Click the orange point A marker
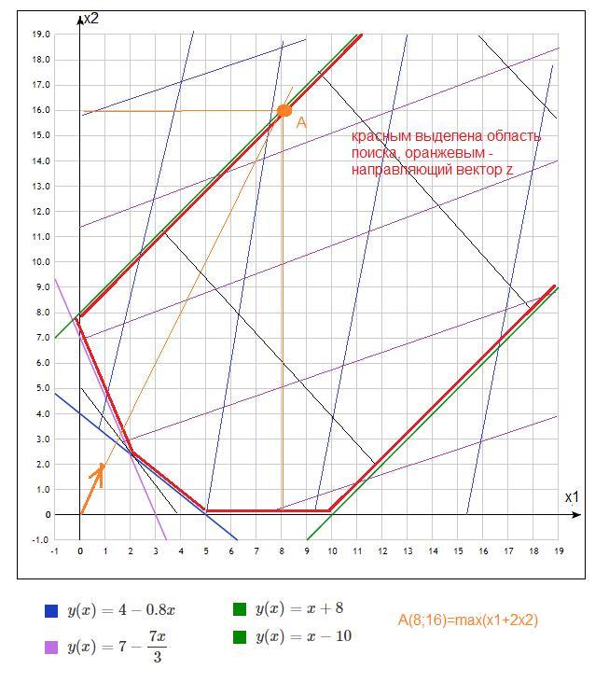pyautogui.click(x=284, y=111)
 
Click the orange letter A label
pyautogui.click(x=301, y=123)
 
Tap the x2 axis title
pyautogui.click(x=90, y=18)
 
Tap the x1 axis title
pyautogui.click(x=571, y=497)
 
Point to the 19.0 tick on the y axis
pyautogui.click(x=40, y=35)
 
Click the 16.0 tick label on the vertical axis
pyautogui.click(x=40, y=110)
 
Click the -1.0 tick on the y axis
pyautogui.click(x=40, y=539)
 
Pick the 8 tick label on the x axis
pyautogui.click(x=282, y=551)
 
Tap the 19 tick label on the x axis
pyautogui.click(x=558, y=551)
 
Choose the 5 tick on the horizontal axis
pyautogui.click(x=206, y=551)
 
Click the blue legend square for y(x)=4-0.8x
pyautogui.click(x=51, y=612)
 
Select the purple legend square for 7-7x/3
pyautogui.click(x=51, y=646)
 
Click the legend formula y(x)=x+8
pyautogui.click(x=298, y=608)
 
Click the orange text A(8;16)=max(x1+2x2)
pyautogui.click(x=467, y=620)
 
